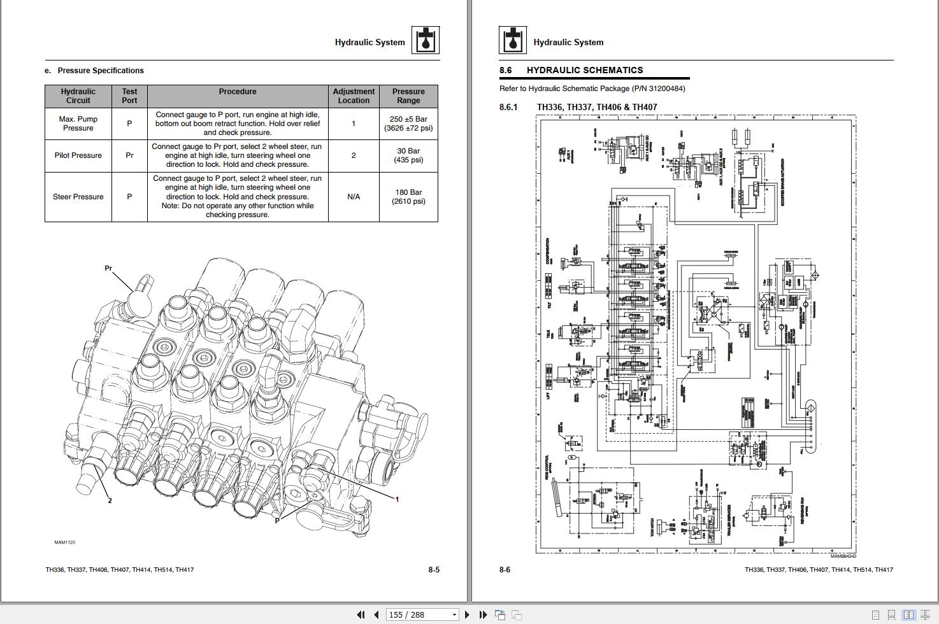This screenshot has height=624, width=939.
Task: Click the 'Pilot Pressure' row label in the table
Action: [x=78, y=155]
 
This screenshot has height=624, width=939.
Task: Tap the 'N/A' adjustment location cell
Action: [x=354, y=197]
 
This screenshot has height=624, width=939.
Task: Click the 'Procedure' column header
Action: [x=238, y=92]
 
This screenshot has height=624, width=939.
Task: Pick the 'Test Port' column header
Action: [x=129, y=96]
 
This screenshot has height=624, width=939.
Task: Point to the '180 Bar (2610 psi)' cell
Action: [x=408, y=197]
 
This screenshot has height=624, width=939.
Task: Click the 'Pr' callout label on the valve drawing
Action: [x=108, y=268]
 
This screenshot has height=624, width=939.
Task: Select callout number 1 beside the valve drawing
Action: [x=397, y=499]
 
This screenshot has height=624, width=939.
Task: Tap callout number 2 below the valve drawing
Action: [x=110, y=500]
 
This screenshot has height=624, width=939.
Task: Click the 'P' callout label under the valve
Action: [x=277, y=520]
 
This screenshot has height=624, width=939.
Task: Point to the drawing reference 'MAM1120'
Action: [x=64, y=542]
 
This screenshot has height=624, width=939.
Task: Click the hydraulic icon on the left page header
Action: [x=425, y=40]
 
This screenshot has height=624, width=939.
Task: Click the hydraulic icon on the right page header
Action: [x=513, y=40]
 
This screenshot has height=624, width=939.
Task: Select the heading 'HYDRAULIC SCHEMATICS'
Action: [x=584, y=70]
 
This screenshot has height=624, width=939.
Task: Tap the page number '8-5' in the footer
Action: [x=434, y=570]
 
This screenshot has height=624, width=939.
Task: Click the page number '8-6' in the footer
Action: [x=505, y=570]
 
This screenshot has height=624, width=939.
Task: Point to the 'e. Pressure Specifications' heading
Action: [x=94, y=71]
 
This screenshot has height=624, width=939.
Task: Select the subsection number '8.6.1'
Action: [x=508, y=107]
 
